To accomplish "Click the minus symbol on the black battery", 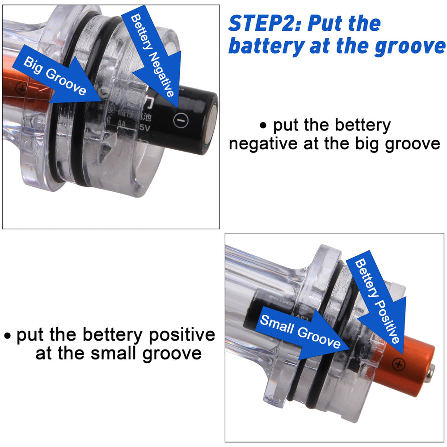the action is pos(181,119).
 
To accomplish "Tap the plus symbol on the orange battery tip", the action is pos(399,364).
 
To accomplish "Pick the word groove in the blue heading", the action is pos(409,46).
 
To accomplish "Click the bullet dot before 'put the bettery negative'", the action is pos(263,126).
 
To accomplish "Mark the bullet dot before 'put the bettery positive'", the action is pos(8,335).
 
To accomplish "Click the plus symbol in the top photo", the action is pos(21,89).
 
